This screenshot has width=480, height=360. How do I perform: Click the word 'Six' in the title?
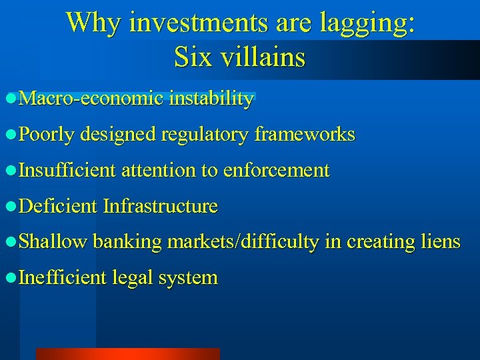(190, 57)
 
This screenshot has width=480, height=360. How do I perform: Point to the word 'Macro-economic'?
(91, 99)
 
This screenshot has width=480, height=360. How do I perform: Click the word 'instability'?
(211, 99)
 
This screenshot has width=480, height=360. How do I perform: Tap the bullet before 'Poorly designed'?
(9, 135)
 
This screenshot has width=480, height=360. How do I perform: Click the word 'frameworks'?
(304, 135)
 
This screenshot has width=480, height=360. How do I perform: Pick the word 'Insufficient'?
(67, 171)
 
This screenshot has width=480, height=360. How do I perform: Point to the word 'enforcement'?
(276, 171)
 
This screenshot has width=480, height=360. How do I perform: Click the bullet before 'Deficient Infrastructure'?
(9, 207)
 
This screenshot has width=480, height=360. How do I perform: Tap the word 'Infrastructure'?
(160, 206)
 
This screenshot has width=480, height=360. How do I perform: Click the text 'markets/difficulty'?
(243, 242)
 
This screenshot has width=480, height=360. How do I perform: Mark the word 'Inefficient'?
(63, 277)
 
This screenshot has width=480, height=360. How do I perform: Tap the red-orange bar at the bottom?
(127, 354)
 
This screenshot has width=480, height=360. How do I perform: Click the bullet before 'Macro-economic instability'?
(9, 100)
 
